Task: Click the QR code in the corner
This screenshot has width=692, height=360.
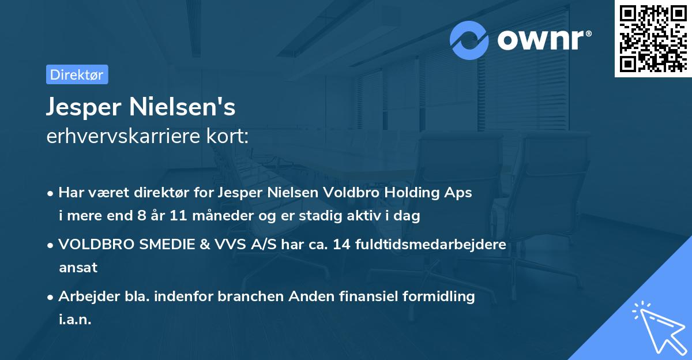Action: pos(653,39)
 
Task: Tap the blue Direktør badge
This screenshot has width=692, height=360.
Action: pos(77,74)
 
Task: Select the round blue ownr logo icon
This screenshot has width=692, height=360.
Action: pos(469,40)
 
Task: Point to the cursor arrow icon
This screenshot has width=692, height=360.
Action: pos(658,327)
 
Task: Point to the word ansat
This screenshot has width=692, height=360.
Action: pos(78,268)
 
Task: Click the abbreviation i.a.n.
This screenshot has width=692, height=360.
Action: pos(75,320)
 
